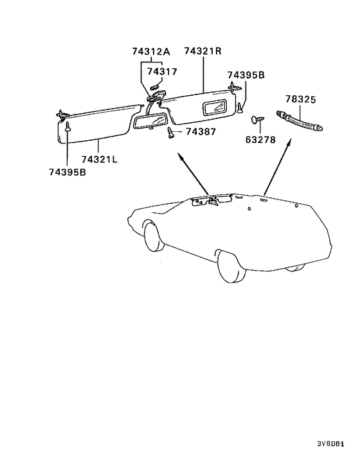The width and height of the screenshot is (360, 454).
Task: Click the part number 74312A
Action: point(151,51)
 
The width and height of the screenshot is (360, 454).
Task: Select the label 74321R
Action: point(203,51)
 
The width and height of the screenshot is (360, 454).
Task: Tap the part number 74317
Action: point(162,71)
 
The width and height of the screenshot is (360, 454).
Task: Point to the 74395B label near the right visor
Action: point(246,75)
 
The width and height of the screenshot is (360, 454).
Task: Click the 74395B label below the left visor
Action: point(67,172)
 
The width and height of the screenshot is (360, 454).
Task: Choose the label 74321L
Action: point(100,159)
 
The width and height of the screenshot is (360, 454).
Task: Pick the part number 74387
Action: point(201,132)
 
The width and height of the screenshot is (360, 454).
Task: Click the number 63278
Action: point(260,140)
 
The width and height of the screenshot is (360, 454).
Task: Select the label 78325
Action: point(301,99)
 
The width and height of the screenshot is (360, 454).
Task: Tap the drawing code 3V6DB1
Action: point(330,444)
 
